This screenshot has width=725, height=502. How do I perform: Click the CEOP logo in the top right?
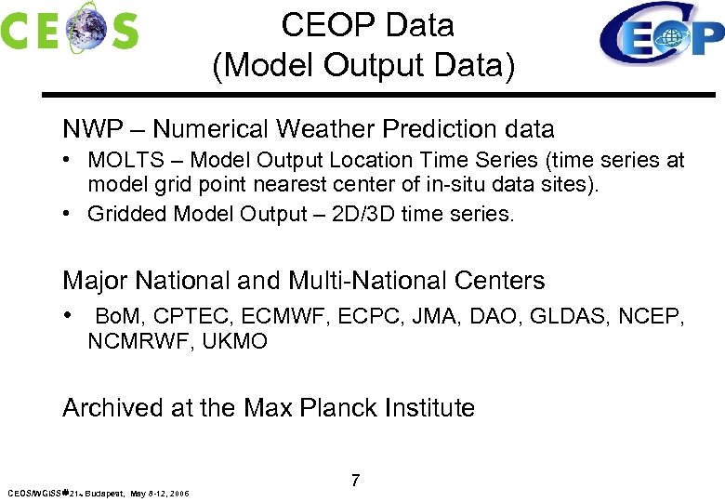pyautogui.click(x=662, y=35)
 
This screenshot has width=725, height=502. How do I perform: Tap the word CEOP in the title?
pyautogui.click(x=322, y=25)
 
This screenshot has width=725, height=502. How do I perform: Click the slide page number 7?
pyautogui.click(x=355, y=481)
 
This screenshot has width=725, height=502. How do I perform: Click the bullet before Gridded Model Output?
pyautogui.click(x=70, y=214)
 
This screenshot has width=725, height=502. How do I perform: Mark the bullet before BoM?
pyautogui.click(x=70, y=316)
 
